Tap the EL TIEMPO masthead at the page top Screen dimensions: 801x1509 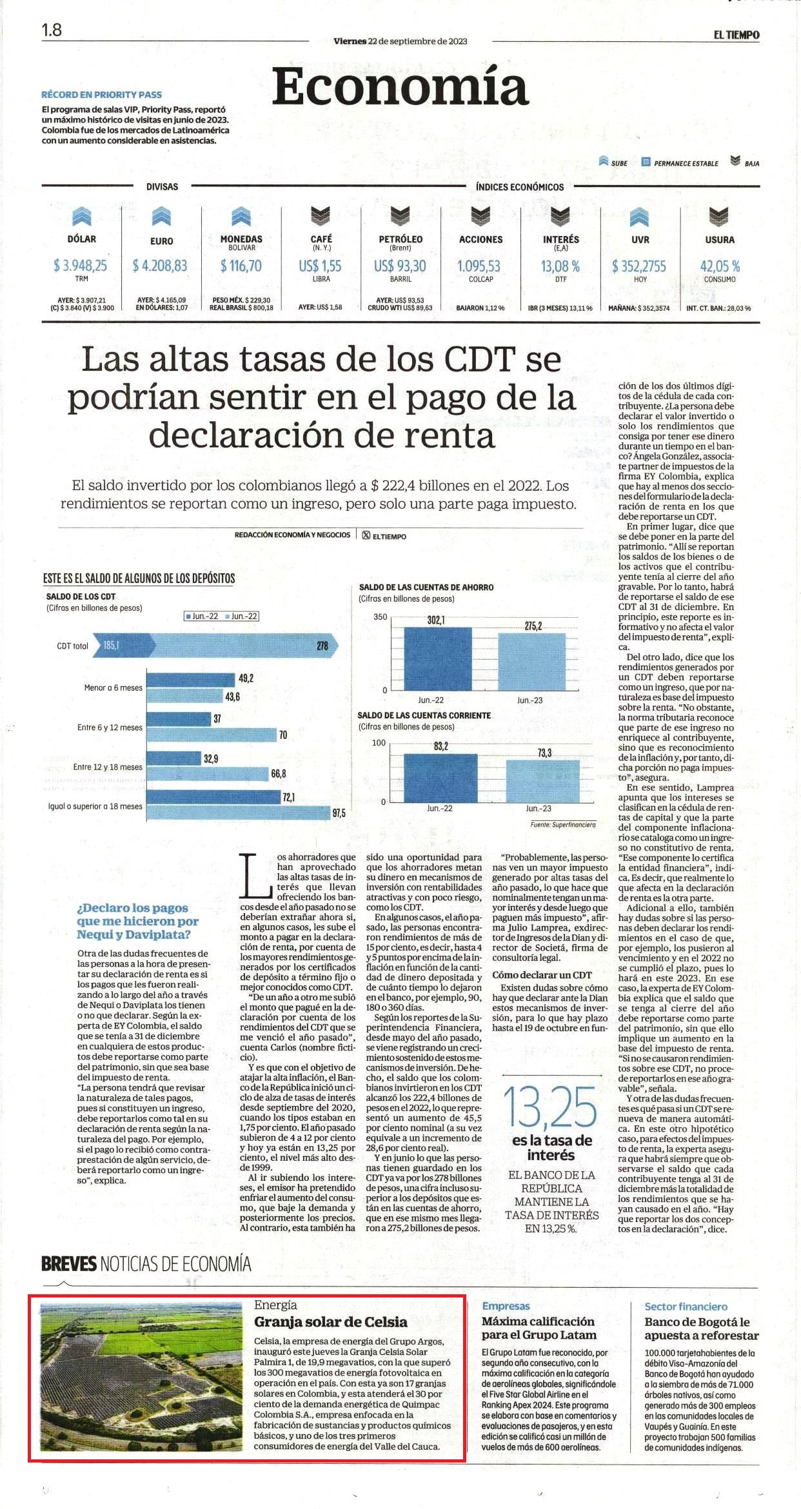(x=736, y=35)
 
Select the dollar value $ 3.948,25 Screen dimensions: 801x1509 (x=81, y=266)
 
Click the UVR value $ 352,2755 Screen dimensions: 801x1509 (x=640, y=266)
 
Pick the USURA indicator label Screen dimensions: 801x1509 (x=720, y=239)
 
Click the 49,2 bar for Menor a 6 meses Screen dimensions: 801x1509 (x=190, y=679)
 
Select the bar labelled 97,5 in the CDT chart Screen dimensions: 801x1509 (x=238, y=813)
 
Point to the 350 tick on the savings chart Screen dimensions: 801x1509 (x=380, y=616)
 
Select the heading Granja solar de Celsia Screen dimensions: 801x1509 (x=330, y=1321)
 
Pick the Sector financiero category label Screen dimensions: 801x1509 (x=686, y=1307)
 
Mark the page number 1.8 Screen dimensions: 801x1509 (x=52, y=30)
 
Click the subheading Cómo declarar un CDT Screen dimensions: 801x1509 (x=542, y=975)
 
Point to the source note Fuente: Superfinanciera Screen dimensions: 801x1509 (x=562, y=824)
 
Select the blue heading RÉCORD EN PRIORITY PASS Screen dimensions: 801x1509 (x=102, y=94)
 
